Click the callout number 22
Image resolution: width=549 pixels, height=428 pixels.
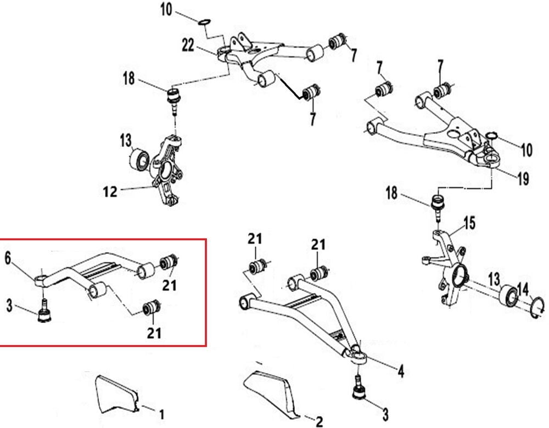click(188, 46)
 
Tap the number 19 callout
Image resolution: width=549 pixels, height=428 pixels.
click(522, 178)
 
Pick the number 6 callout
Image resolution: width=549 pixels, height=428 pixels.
click(8, 257)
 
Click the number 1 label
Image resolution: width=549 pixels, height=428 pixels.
click(161, 413)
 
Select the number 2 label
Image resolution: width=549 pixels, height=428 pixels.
click(318, 421)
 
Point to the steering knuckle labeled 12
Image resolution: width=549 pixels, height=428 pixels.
click(167, 173)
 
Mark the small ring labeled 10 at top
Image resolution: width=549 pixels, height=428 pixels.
click(204, 22)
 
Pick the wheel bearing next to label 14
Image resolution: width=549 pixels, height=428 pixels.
click(507, 296)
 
